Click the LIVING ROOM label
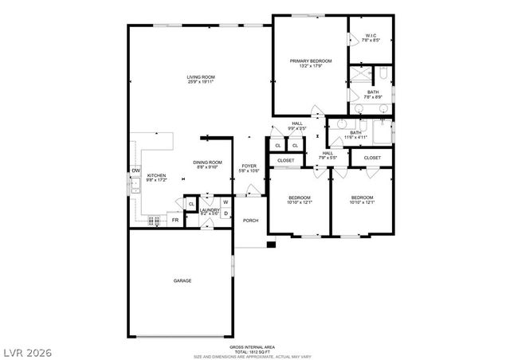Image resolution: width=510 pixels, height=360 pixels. coord(201,76)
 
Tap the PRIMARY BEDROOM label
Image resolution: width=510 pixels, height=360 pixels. coord(310,61)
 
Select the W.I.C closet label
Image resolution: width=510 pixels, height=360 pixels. coord(371,36)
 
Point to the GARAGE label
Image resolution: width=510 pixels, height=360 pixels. coord(182,280)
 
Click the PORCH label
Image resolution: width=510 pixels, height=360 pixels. coord(250,221)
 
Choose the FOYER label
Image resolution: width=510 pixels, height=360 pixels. coord(250,166)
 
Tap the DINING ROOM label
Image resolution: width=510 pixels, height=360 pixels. coord(206,162)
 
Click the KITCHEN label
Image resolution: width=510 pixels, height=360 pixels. coord(155,175)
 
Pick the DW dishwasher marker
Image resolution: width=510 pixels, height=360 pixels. coord(135,170)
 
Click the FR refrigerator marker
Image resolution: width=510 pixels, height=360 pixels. coord(175,220)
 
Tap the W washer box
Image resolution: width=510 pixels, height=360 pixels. coord(226,202)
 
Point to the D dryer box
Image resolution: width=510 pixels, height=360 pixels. coord(226,213)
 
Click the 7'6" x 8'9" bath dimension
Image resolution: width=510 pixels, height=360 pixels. coord(373,97)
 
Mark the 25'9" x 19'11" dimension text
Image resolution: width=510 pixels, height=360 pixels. coord(201,81)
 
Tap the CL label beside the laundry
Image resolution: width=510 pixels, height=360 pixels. coord(191,205)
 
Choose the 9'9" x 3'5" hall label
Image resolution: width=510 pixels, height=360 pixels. coord(297,127)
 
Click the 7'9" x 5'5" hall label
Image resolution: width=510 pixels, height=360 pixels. coord(328,157)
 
